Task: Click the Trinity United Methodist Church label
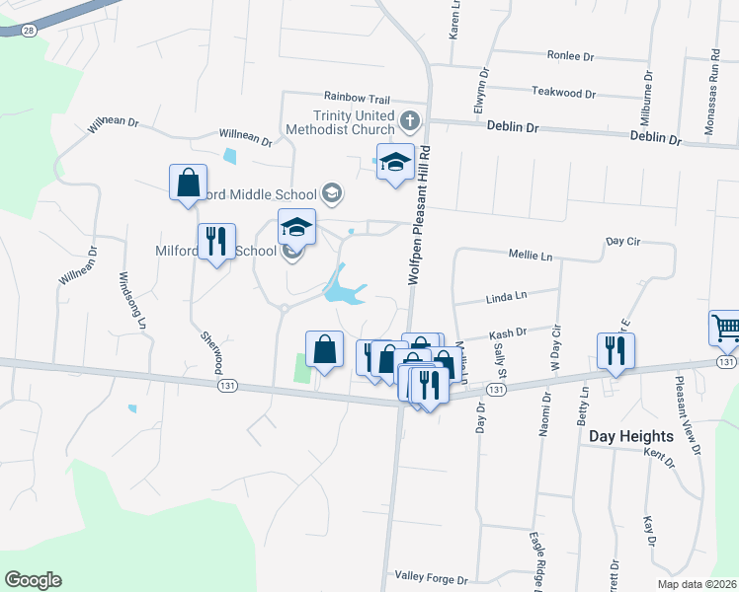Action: click(339, 121)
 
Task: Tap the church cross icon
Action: click(411, 122)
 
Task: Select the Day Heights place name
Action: click(630, 435)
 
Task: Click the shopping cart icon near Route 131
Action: click(724, 328)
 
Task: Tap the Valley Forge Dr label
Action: click(430, 575)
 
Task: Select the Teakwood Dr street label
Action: click(564, 94)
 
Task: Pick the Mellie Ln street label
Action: click(531, 256)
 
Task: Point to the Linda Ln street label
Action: click(507, 295)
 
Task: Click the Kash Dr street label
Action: click(509, 335)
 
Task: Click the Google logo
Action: click(33, 580)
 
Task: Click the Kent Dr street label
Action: click(657, 456)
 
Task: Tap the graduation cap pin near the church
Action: click(395, 162)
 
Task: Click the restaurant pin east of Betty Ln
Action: click(616, 350)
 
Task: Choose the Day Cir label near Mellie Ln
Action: click(623, 241)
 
